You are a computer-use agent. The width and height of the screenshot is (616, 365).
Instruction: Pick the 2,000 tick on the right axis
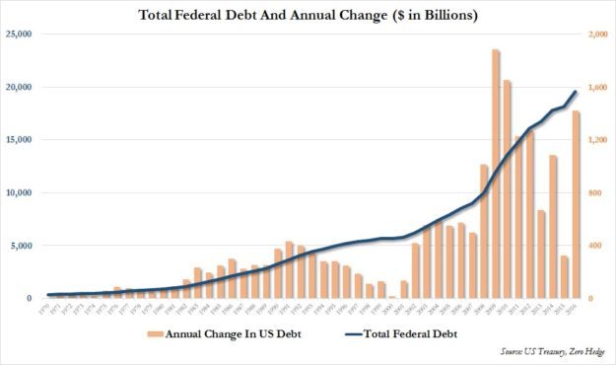pos(599,35)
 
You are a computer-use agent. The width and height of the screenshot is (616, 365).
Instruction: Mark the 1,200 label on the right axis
pos(599,140)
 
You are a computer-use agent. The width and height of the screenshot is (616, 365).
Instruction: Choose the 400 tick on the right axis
pos(595,246)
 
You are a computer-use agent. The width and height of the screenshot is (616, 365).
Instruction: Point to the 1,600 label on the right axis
pos(599,88)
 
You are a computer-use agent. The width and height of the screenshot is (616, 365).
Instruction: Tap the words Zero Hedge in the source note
pos(577,352)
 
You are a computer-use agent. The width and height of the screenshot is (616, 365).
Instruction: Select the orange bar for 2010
pos(508,188)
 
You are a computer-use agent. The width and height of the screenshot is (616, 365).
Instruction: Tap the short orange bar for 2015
pos(564,277)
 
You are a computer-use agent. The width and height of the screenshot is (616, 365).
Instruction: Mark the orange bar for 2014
pos(553,227)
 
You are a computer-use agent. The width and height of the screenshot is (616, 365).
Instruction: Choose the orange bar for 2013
pos(541,255)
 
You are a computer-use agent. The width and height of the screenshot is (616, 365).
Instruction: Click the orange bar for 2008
pos(484,231)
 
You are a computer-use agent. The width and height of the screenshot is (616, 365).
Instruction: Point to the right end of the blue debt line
pos(576,92)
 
